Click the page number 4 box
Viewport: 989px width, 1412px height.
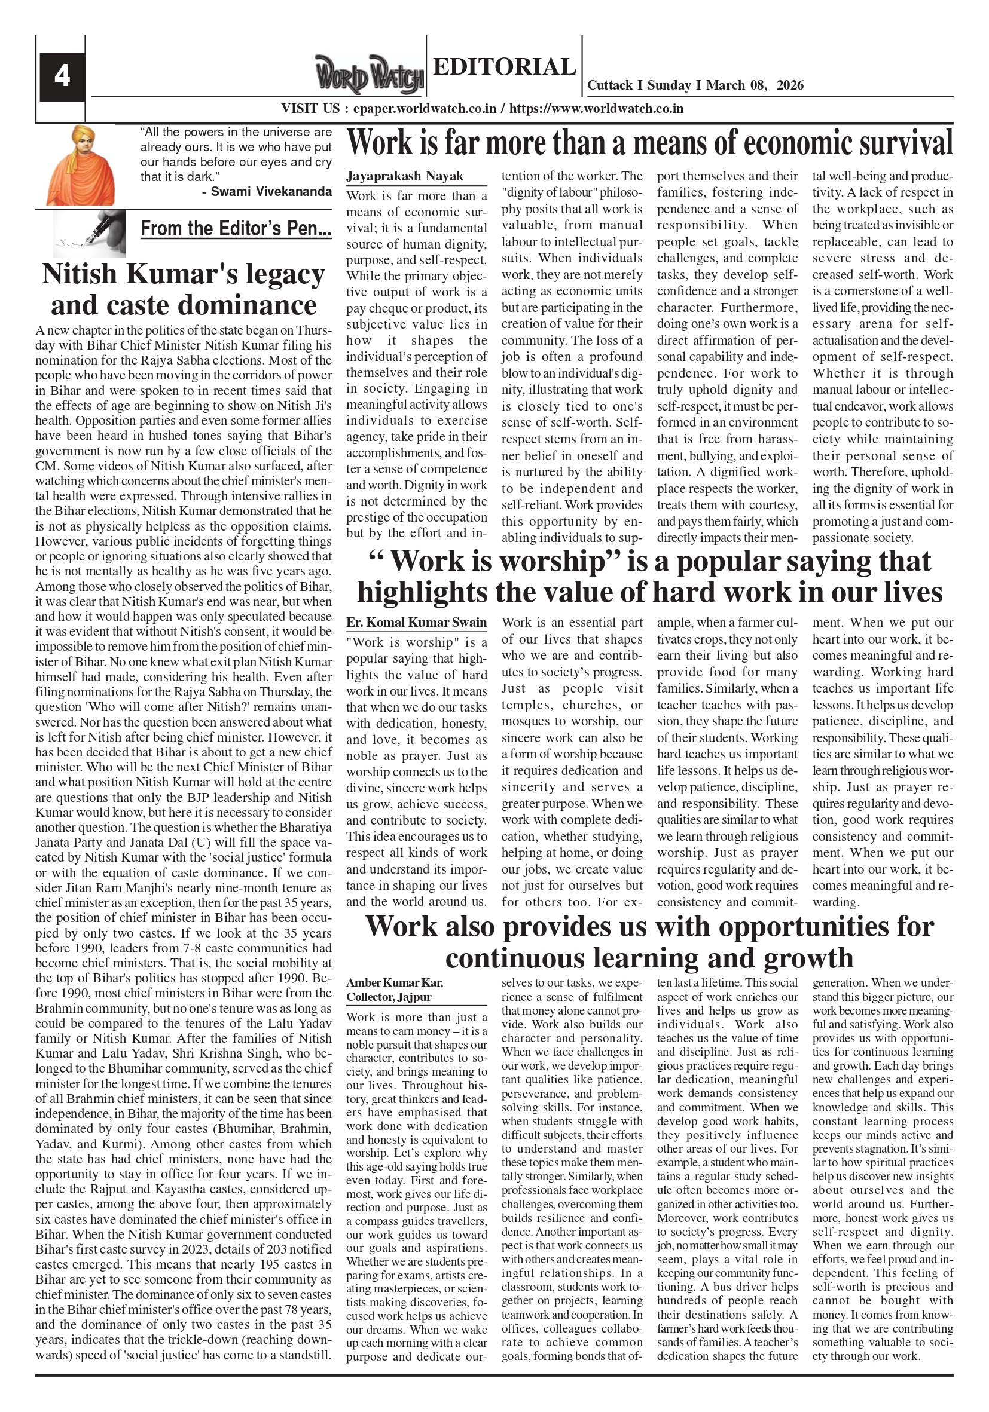(62, 76)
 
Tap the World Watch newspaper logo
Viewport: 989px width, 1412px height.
(370, 75)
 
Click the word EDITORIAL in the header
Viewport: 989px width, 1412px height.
(504, 66)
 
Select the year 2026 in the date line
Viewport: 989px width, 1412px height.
(790, 85)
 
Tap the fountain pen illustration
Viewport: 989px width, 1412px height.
(89, 232)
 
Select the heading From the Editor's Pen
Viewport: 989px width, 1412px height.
(236, 229)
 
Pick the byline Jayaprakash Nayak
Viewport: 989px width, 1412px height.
(404, 176)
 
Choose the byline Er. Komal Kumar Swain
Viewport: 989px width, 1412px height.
(416, 623)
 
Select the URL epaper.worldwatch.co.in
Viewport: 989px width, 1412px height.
(425, 109)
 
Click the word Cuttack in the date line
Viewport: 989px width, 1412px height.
(610, 85)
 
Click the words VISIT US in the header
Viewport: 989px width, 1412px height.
(310, 109)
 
